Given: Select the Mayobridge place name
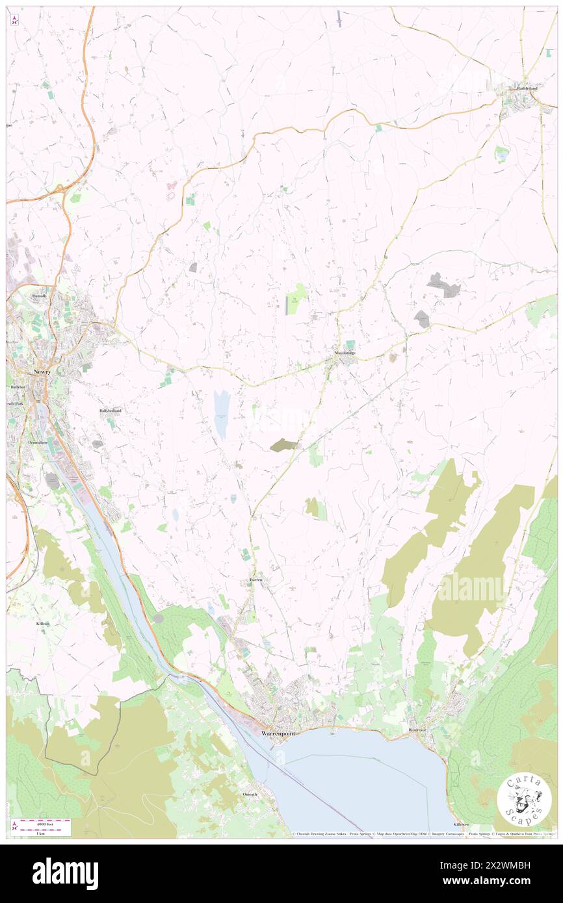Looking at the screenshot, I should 345,353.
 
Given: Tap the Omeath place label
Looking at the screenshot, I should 250,795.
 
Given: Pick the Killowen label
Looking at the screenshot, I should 462,823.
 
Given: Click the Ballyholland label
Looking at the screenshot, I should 110,411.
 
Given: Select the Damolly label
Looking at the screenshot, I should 40,296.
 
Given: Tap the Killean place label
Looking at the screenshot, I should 43,623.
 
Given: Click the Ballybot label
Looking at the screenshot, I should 17,387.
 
